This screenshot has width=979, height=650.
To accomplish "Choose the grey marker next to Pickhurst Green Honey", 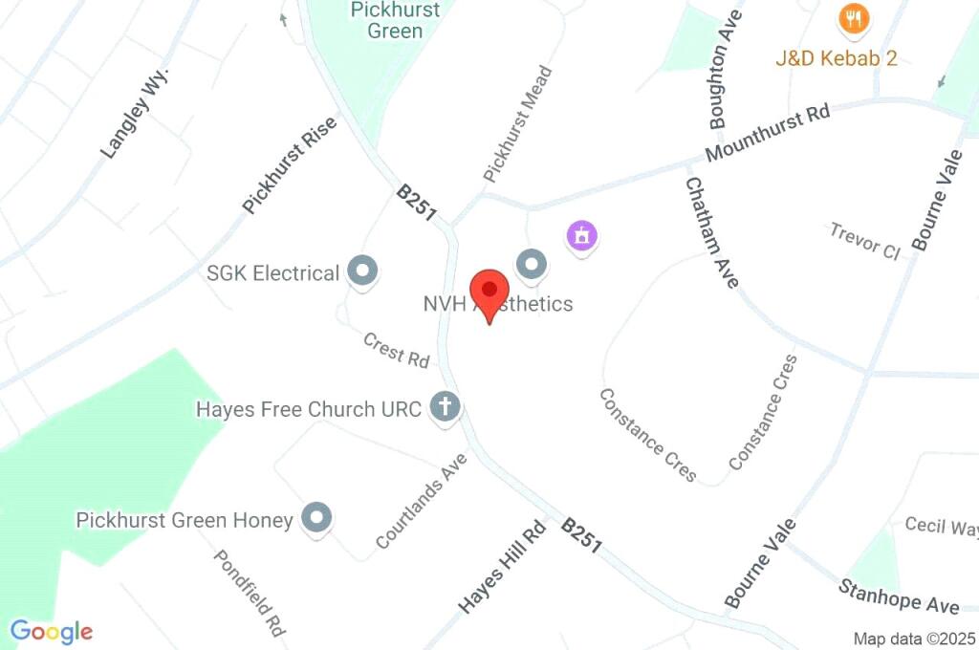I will tap(316, 519).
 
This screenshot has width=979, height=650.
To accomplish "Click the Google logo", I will tap(51, 631).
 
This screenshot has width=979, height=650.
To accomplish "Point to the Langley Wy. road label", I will tap(134, 113).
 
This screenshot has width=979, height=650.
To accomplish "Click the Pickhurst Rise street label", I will tap(289, 164).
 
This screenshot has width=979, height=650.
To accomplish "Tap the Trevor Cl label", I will tap(864, 241).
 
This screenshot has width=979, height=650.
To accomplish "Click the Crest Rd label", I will tap(396, 350).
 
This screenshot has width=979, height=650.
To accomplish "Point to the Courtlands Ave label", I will tap(422, 501).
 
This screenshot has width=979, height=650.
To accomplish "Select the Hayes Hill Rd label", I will tap(502, 567).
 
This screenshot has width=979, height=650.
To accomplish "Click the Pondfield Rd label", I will tap(249, 593).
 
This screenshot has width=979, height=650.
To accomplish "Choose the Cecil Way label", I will tap(943, 527).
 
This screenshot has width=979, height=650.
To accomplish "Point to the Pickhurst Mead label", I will tap(517, 124).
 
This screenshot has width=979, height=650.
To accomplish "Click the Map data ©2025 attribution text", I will tap(915, 639).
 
